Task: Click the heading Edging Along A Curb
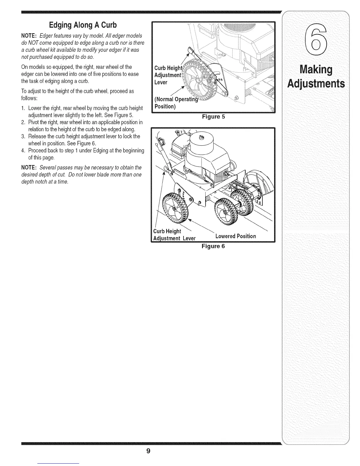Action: click(x=83, y=25)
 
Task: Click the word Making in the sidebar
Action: click(x=316, y=70)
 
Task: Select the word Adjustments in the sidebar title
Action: click(x=316, y=84)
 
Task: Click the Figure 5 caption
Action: click(x=213, y=117)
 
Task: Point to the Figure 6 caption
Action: click(x=213, y=246)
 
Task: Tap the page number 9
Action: click(x=149, y=451)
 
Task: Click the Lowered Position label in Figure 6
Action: click(x=236, y=236)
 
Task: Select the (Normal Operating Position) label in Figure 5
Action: click(x=174, y=103)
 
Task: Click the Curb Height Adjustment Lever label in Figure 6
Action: click(x=174, y=234)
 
